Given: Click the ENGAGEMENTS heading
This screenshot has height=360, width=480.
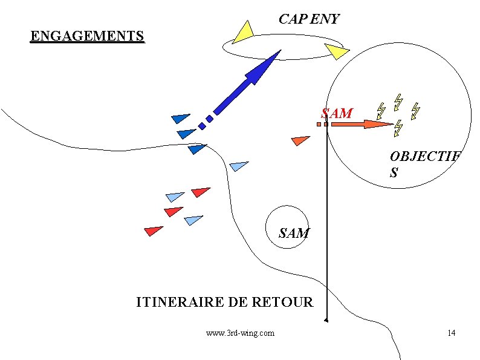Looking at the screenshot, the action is (x=87, y=36).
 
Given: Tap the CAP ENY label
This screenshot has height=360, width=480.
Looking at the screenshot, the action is (x=308, y=19).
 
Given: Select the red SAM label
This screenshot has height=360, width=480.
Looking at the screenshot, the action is (x=337, y=113).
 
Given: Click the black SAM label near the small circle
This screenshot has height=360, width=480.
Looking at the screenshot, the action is (x=294, y=233).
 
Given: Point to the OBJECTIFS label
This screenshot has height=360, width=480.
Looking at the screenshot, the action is (x=424, y=164).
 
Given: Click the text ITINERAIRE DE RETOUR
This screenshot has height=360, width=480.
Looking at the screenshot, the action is (x=224, y=301).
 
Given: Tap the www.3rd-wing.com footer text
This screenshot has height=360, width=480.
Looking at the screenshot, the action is (x=239, y=333).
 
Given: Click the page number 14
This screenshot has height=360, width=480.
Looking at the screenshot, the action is (x=451, y=333).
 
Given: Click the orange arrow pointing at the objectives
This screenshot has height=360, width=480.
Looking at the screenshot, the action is (x=363, y=125).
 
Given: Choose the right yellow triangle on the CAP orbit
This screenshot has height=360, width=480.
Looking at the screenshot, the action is (x=335, y=51).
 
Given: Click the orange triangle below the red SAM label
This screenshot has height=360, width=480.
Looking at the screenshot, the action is (x=299, y=140).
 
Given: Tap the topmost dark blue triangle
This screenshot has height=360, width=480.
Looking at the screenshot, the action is (x=180, y=117).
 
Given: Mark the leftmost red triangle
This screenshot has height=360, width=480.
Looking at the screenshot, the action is (x=153, y=231).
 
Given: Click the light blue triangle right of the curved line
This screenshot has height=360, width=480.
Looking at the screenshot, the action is (x=239, y=165).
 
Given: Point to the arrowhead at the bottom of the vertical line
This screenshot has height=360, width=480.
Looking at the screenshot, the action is (x=326, y=319).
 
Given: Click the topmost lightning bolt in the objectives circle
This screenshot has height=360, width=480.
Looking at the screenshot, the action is (x=398, y=100).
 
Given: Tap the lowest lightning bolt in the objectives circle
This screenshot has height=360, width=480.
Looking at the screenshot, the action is (x=398, y=128).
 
